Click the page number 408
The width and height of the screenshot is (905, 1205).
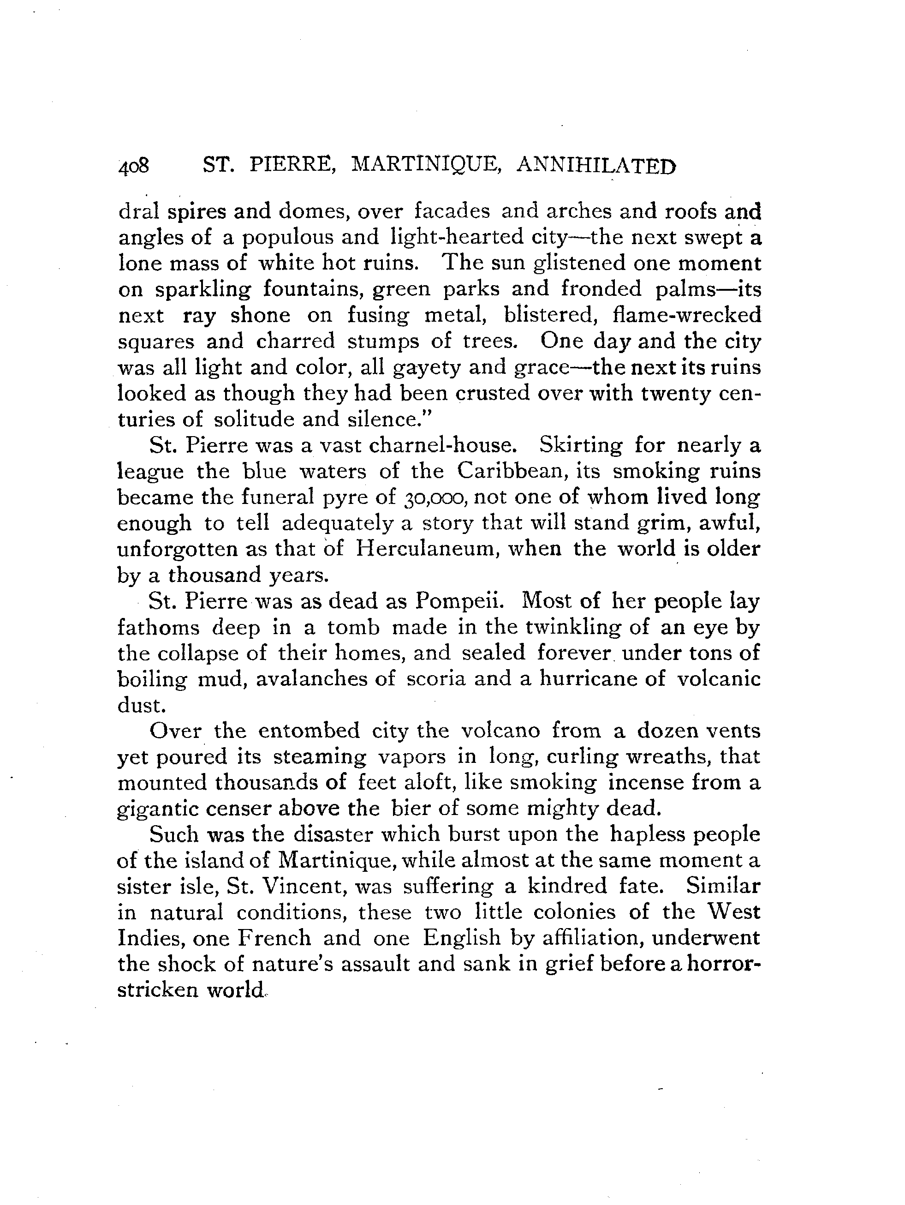(x=133, y=166)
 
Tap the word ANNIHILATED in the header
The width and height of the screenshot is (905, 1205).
(x=595, y=165)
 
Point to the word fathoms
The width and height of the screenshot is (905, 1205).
(x=159, y=628)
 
